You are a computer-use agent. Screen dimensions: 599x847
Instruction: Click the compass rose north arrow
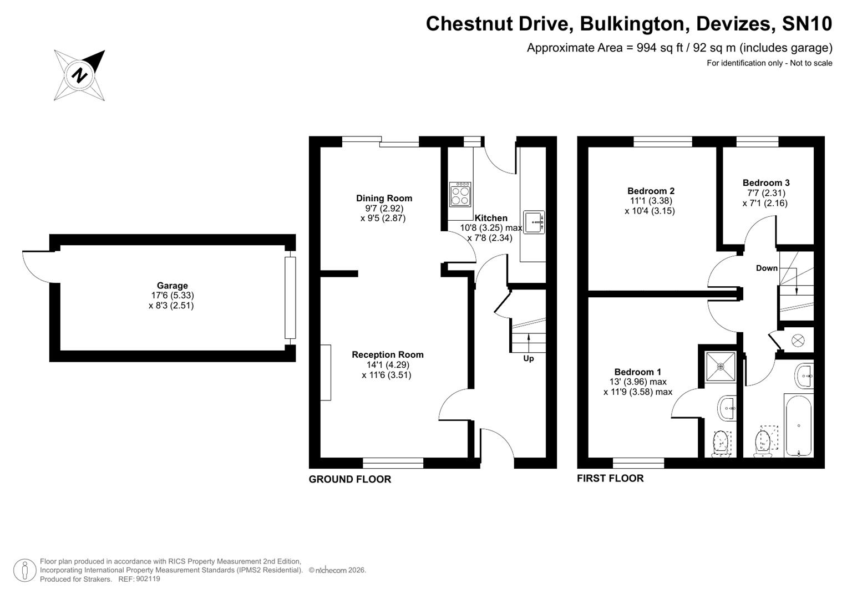pos(79,75)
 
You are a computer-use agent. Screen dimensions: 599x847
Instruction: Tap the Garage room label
pos(172,286)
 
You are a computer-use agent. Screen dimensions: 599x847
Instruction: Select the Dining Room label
pos(384,198)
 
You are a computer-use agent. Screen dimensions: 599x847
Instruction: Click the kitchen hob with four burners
pos(460,194)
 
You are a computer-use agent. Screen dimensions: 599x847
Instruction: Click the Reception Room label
pos(387,354)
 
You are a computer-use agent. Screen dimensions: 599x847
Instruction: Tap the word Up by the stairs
pos(528,359)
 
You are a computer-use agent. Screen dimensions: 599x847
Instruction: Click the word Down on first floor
pos(767,268)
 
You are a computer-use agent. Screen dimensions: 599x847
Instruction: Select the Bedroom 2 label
pos(651,191)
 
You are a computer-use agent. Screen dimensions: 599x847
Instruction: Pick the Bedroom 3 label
pos(765,182)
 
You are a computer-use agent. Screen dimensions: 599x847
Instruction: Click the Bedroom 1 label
pos(637,372)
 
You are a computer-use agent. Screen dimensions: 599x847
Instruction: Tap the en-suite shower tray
pos(721,366)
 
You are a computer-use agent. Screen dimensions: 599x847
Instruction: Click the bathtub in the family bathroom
pos(798,425)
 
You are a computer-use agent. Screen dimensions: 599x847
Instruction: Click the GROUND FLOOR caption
pos(349,479)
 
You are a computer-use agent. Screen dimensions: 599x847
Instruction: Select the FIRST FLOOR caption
pos(610,478)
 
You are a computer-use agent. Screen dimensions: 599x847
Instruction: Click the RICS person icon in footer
pos(24,570)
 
